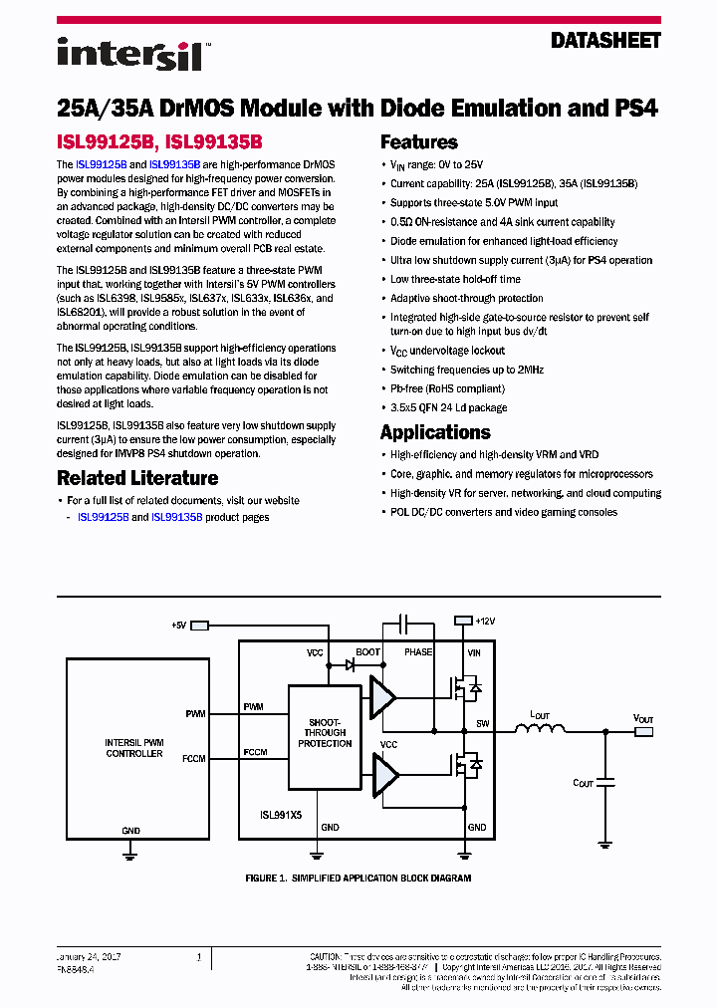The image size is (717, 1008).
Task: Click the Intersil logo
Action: click(x=129, y=54)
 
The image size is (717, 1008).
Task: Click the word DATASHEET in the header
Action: click(x=605, y=41)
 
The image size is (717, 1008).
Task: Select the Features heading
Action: click(x=419, y=142)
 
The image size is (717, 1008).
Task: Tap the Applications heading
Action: click(x=435, y=432)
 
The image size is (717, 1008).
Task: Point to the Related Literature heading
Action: click(x=137, y=478)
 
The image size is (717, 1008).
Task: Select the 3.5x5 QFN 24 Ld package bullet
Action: click(x=448, y=407)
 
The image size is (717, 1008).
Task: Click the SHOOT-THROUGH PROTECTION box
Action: click(x=325, y=733)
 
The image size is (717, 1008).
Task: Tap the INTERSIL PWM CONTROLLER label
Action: click(x=134, y=748)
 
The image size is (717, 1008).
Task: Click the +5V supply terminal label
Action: click(x=178, y=626)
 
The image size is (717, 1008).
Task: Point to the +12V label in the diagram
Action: click(x=485, y=621)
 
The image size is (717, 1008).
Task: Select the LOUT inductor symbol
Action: click(x=539, y=730)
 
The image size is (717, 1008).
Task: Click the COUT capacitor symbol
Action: click(x=604, y=783)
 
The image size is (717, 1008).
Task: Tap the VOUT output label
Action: click(x=644, y=717)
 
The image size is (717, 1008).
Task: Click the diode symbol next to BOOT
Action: click(x=350, y=665)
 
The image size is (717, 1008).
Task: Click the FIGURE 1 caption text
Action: click(x=358, y=879)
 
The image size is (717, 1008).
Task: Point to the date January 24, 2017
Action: click(x=90, y=954)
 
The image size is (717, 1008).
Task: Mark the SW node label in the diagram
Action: click(x=482, y=723)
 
